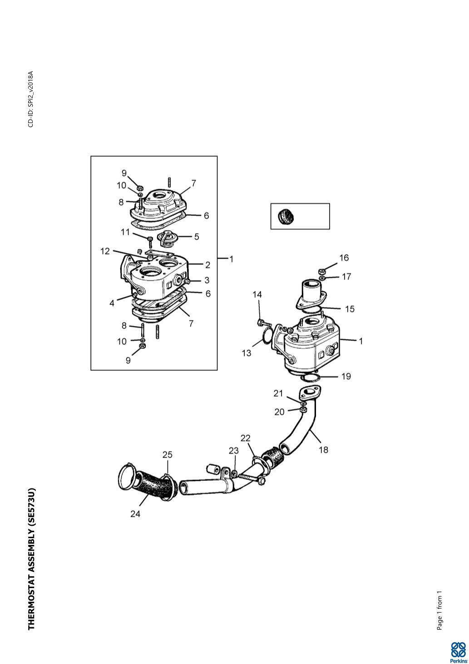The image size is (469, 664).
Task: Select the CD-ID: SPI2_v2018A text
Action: (31, 99)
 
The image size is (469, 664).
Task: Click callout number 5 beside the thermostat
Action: (197, 237)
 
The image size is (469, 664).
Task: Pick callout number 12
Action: (105, 251)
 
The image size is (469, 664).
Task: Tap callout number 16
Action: (344, 258)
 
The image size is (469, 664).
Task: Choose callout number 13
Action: (247, 353)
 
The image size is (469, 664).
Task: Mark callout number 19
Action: (346, 376)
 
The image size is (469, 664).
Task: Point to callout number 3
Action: (207, 280)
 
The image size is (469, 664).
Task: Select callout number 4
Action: (112, 304)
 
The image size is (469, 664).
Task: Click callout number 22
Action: (246, 438)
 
